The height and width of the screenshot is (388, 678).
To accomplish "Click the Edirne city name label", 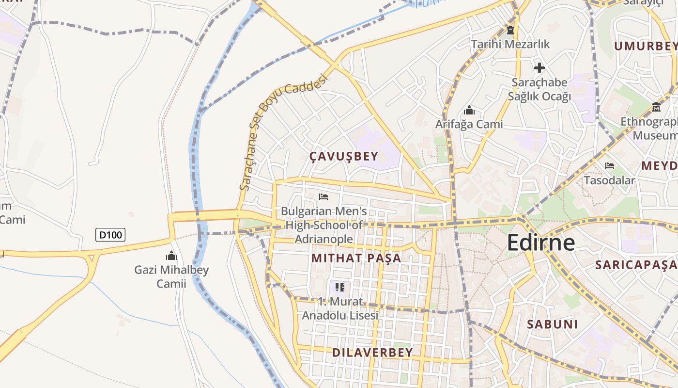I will coord(541,242).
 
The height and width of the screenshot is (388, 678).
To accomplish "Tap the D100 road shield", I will coord(110,235).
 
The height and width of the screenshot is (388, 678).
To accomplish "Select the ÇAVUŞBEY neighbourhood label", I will coord(343,156).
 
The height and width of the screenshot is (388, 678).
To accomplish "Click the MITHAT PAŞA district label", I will coord(356,258).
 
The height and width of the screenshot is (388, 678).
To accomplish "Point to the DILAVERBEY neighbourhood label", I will coord(372,353).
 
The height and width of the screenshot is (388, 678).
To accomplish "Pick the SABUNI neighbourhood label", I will coord(552,324).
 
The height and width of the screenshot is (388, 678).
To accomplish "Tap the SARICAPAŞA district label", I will coord(636,265).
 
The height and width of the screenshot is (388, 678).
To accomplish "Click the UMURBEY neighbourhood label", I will coord(646,46).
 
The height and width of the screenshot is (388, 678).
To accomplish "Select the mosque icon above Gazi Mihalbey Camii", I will coord(171,256).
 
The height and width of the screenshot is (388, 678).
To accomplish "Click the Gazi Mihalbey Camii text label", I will coord(171,276).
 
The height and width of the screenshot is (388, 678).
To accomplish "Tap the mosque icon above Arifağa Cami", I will coord(469,110).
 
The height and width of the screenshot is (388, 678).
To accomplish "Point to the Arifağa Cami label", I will coord(469,124).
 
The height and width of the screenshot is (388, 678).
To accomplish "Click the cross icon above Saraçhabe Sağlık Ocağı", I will coord(539,68).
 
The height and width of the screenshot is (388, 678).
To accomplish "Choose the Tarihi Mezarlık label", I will coord(510,44).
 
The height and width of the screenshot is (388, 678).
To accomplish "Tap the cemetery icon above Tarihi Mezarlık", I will coord(510,30).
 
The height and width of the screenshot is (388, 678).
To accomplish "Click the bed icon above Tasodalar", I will coord(610,166).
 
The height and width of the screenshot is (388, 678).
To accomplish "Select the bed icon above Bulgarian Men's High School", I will coord(324,197).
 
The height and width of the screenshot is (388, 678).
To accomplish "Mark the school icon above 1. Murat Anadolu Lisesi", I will coord(340,287).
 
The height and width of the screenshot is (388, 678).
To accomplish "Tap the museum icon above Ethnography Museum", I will coord(656,107).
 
